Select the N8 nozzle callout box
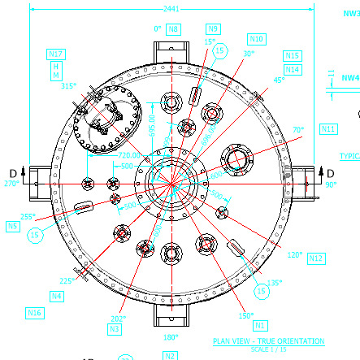174,29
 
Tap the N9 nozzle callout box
213,28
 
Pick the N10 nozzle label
257,38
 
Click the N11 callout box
328,129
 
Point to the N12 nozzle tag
317,258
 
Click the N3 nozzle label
115,329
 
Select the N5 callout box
13,227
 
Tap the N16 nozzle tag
34,312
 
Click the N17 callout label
57,54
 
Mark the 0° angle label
158,29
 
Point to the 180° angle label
171,336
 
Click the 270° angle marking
11,184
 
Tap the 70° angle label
297,129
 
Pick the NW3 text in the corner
350,14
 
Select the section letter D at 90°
329,171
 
